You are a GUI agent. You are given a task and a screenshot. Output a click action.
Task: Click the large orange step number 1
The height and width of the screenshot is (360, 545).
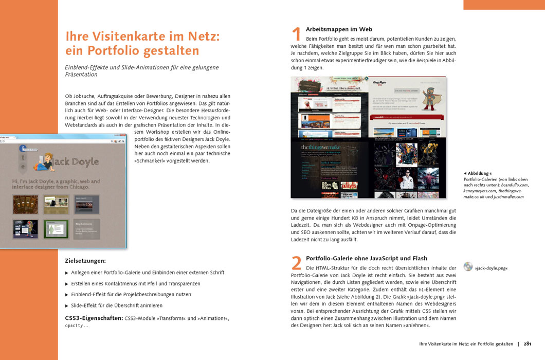[x=296, y=34]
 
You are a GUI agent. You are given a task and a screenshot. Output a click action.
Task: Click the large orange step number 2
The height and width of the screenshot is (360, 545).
[x=296, y=263]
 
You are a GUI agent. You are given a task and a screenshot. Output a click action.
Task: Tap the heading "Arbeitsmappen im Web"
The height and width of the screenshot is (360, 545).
[x=339, y=29]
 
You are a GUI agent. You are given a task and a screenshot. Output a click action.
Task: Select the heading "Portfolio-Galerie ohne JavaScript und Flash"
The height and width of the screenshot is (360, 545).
[x=367, y=258]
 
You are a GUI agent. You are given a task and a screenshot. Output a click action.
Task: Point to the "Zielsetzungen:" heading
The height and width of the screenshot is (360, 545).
[x=85, y=261]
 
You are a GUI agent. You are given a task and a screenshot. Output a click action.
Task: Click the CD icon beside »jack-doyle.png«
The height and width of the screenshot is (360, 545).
[x=468, y=266]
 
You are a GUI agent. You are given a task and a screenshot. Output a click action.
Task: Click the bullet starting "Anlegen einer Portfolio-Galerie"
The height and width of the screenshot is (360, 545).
[x=147, y=273]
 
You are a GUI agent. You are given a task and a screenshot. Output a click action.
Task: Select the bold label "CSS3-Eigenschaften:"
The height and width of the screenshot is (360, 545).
[x=94, y=318]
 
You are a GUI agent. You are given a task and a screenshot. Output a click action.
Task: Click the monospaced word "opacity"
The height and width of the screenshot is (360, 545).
[x=74, y=326]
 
